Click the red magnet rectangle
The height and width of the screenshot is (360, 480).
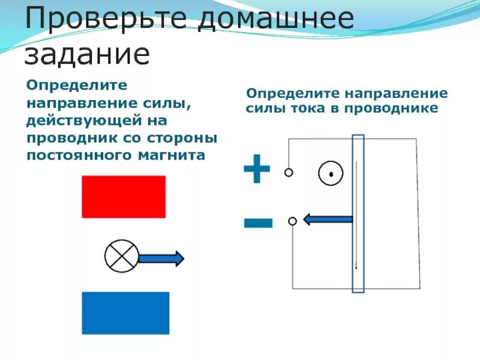pos(124,196)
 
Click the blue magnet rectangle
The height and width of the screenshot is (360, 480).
pos(125,313)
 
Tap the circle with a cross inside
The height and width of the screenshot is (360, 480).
pos(122,257)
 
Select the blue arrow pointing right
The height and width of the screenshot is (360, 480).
pos(161,259)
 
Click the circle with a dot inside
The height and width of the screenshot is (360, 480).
pos(331,174)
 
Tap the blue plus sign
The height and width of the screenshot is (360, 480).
pos(257,168)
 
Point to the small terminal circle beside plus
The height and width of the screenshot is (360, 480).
pos(289,173)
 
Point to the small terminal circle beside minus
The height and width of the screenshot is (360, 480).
pos(292,221)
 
